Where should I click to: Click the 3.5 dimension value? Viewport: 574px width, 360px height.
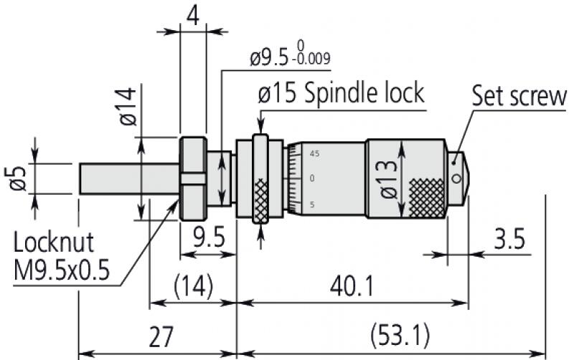(x=509, y=239)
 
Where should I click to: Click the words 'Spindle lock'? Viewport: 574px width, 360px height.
(x=366, y=93)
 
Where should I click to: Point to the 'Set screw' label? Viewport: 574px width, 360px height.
(x=519, y=97)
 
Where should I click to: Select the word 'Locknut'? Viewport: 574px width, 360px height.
(x=53, y=242)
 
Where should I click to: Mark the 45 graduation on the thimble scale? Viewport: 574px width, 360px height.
(x=314, y=153)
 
